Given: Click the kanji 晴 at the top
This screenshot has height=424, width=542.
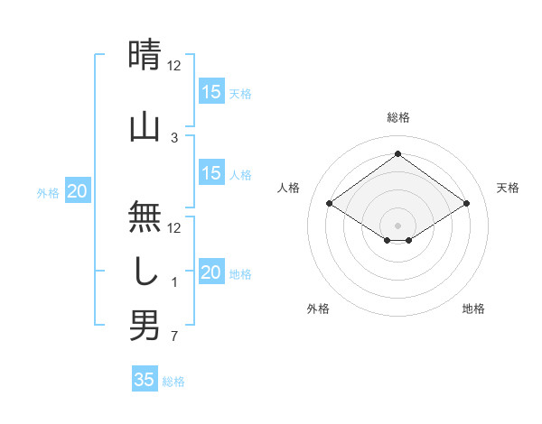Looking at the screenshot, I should pyautogui.click(x=145, y=54).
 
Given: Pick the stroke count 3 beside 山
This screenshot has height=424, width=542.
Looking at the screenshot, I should pyautogui.click(x=174, y=137).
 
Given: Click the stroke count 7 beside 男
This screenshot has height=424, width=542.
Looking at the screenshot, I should pyautogui.click(x=174, y=337).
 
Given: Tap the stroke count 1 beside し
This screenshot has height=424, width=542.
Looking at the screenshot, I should pyautogui.click(x=174, y=282).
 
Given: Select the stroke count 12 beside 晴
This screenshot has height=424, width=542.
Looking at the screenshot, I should pyautogui.click(x=174, y=66).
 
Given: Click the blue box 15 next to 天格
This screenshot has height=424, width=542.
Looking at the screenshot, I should pyautogui.click(x=211, y=92).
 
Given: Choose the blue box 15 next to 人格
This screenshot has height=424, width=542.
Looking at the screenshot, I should pyautogui.click(x=211, y=173).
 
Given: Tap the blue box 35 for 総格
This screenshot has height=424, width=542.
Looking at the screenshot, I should pyautogui.click(x=145, y=380).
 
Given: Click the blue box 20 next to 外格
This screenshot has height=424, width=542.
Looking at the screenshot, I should pyautogui.click(x=78, y=191).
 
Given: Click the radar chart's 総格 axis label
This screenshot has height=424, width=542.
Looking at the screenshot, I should pyautogui.click(x=397, y=117).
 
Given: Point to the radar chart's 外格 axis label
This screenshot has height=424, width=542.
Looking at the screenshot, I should pyautogui.click(x=318, y=309).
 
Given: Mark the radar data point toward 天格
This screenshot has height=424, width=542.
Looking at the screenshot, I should pyautogui.click(x=467, y=204).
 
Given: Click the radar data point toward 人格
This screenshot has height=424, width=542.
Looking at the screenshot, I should pyautogui.click(x=330, y=204).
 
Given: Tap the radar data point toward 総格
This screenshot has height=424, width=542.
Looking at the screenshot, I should pyautogui.click(x=397, y=153).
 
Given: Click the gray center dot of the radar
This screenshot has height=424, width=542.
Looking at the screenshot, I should pyautogui.click(x=397, y=224).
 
